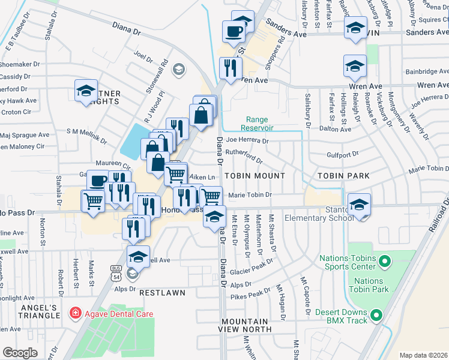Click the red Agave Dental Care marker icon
pyautogui.click(x=74, y=313)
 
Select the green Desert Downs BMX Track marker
pyautogui.click(x=376, y=314)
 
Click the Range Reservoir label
pyautogui.click(x=257, y=124)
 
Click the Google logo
pyautogui.click(x=20, y=352)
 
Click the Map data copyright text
pyautogui.click(x=423, y=355)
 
